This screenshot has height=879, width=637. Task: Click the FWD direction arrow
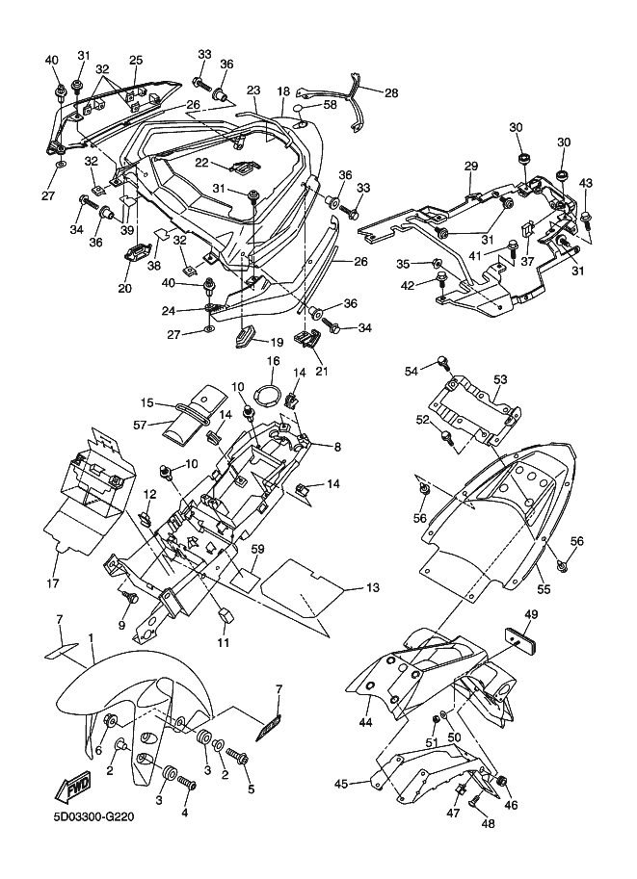click(70, 790)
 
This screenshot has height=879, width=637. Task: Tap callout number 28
click(390, 92)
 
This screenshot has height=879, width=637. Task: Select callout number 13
click(373, 588)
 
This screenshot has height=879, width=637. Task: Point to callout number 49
click(531, 614)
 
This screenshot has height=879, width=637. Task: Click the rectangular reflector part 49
click(522, 639)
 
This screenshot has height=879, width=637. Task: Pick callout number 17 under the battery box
click(52, 583)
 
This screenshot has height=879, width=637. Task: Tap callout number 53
click(500, 379)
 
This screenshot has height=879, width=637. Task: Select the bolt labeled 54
click(445, 362)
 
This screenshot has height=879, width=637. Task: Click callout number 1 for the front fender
click(91, 638)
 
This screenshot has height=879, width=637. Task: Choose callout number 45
click(341, 783)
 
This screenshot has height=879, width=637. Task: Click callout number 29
click(470, 166)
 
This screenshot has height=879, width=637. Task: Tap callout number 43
click(585, 183)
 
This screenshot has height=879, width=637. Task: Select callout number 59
click(257, 550)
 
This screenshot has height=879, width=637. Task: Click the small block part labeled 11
click(226, 615)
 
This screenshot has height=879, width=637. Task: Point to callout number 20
click(124, 288)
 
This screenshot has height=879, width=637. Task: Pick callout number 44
click(365, 723)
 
